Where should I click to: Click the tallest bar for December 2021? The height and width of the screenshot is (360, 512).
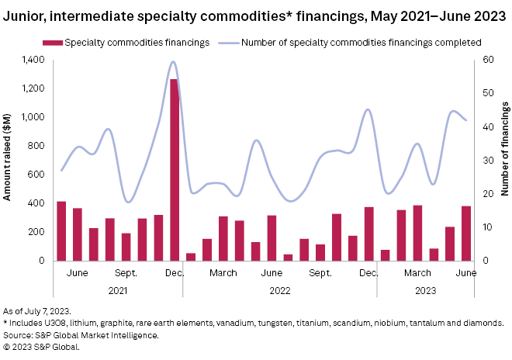pyautogui.click(x=175, y=170)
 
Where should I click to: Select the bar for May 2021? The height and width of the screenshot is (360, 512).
pyautogui.click(x=61, y=231)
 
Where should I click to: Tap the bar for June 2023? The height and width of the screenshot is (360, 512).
pyautogui.click(x=465, y=234)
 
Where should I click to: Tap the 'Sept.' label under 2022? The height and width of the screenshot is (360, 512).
pyautogui.click(x=320, y=273)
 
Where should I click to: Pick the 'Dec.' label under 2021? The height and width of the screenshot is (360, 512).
pyautogui.click(x=175, y=273)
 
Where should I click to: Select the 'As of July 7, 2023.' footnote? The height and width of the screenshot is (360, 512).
pyautogui.click(x=37, y=310)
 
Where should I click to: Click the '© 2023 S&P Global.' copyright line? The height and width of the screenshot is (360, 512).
pyautogui.click(x=41, y=346)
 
